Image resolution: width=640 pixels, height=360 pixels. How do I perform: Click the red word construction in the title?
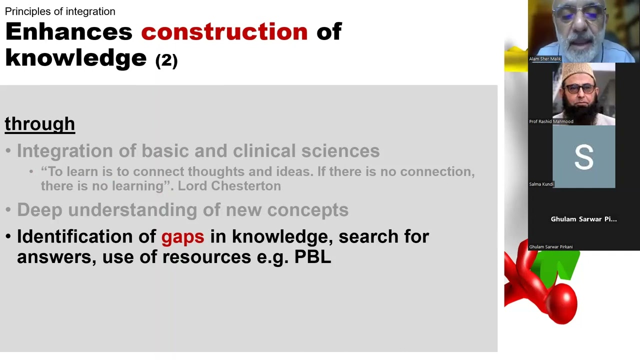(224, 32)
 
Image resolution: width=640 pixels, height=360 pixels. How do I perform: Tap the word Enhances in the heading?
(68, 32)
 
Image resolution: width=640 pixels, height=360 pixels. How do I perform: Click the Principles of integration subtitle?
(60, 11)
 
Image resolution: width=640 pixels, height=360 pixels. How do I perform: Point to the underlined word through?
(40, 124)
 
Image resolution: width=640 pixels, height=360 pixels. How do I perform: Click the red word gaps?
(182, 236)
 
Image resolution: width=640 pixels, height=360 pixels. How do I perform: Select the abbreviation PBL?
(312, 256)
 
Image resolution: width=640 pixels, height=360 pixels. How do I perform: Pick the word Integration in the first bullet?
(65, 151)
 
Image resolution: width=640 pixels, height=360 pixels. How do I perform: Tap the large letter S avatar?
(583, 157)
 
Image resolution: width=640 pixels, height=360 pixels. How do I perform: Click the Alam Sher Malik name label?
(545, 59)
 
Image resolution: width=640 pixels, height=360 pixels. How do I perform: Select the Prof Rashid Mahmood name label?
(551, 121)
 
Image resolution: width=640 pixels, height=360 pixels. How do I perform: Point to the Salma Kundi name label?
(541, 184)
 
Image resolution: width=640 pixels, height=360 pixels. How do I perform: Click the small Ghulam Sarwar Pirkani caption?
(550, 246)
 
